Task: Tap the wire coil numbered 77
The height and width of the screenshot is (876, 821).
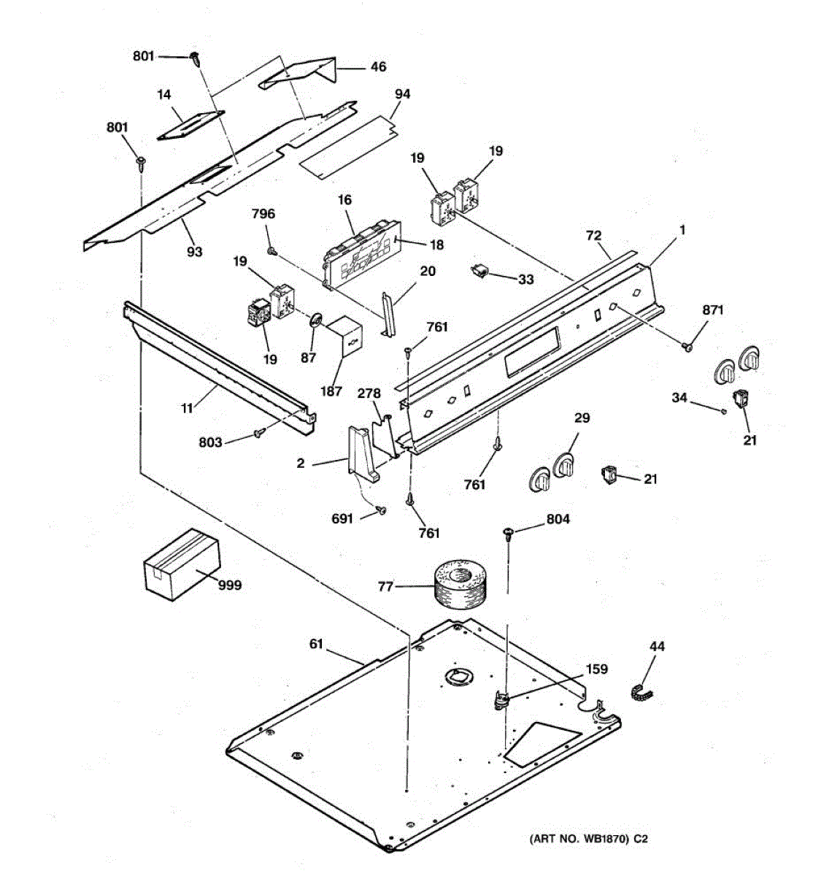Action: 459,584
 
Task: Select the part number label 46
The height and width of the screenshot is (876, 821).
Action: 378,67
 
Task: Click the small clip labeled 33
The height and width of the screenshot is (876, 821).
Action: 479,272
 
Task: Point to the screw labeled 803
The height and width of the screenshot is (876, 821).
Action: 258,434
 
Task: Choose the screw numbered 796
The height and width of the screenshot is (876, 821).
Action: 271,250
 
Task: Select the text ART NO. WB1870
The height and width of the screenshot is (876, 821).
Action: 579,839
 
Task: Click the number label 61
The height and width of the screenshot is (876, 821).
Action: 315,643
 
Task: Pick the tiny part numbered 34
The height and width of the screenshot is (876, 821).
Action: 722,412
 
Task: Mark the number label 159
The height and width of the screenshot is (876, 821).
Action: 596,669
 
